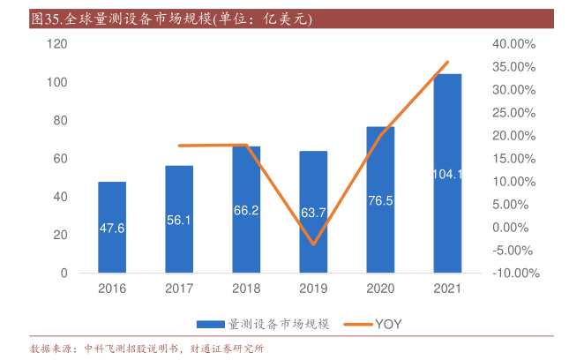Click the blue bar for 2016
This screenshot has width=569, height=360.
[x=112, y=228]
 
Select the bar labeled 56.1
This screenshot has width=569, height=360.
[x=179, y=219]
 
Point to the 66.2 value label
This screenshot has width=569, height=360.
[x=246, y=210]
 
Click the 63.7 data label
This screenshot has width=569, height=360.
[x=313, y=213]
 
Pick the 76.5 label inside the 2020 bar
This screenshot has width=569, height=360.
[x=380, y=200]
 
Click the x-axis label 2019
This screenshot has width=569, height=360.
[x=313, y=288]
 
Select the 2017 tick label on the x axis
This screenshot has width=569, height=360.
[x=179, y=288]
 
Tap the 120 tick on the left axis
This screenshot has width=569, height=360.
[x=58, y=44]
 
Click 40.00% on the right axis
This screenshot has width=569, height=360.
[x=514, y=44]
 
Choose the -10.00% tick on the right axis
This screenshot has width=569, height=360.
[x=513, y=273]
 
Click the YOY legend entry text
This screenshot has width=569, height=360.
[x=388, y=324]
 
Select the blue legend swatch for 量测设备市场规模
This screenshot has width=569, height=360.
[x=211, y=324]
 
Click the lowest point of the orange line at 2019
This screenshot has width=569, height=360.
[x=313, y=244]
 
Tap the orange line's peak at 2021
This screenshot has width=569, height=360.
[x=448, y=62]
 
